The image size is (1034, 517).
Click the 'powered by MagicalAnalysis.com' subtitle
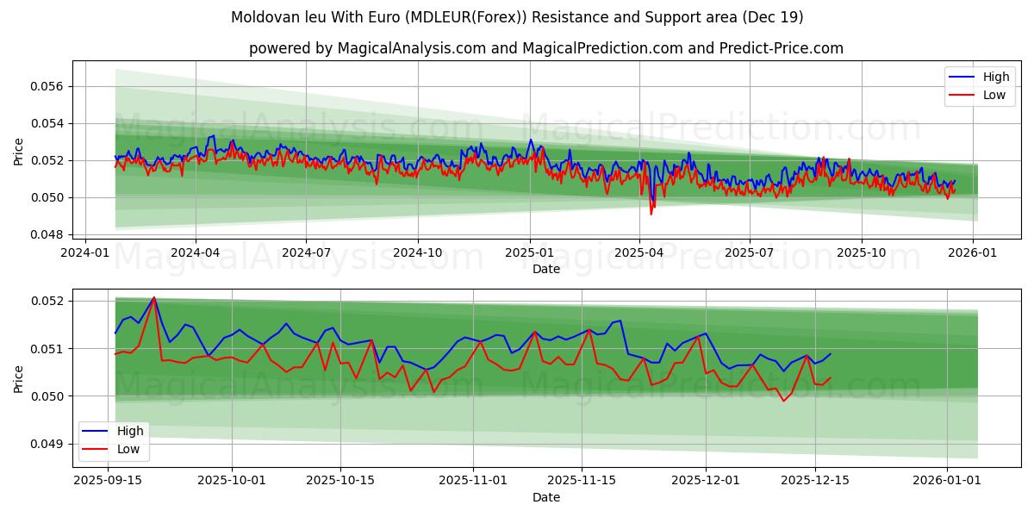(x=545, y=48)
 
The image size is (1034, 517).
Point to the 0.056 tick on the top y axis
(x=48, y=86)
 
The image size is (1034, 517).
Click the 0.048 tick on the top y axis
(x=48, y=234)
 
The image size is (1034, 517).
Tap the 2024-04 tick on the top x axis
(x=195, y=252)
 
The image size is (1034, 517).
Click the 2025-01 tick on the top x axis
(x=529, y=252)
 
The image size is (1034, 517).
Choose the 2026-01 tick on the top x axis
(x=973, y=252)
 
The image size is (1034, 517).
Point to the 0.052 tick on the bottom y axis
(x=48, y=301)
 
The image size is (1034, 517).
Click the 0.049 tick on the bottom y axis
(x=48, y=444)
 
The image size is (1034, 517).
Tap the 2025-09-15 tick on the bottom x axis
(x=108, y=480)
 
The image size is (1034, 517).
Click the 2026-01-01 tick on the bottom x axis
(x=947, y=480)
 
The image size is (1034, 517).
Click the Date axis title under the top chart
(x=545, y=269)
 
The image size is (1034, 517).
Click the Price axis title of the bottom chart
(x=19, y=378)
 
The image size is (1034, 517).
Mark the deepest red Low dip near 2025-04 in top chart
(x=651, y=214)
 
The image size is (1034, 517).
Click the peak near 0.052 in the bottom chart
(x=154, y=297)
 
